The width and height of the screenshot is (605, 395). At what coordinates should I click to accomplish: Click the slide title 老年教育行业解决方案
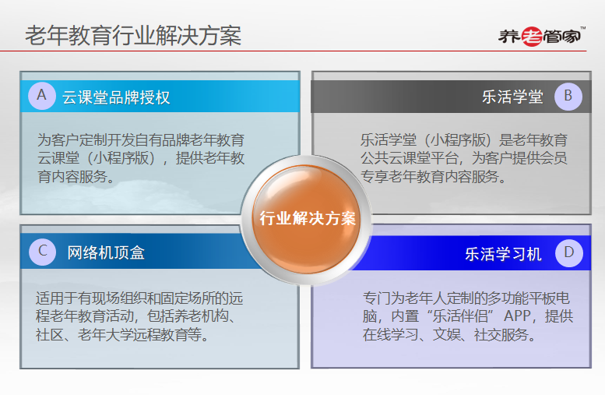133,36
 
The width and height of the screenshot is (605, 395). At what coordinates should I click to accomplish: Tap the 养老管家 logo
541,37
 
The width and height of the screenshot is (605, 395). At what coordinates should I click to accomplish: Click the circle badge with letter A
42,96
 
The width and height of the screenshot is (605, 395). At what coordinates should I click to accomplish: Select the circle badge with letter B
568,97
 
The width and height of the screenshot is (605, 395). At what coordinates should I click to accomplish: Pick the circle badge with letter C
43,252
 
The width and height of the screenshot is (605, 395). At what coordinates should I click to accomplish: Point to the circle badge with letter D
568,253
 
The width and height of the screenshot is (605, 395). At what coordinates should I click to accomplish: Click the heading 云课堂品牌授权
116,97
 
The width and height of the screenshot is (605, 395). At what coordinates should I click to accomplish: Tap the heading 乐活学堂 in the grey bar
512,97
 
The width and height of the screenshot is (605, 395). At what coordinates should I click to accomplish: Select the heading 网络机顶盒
106,253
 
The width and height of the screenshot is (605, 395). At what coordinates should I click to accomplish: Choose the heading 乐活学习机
503,254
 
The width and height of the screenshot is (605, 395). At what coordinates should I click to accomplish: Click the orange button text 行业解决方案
307,219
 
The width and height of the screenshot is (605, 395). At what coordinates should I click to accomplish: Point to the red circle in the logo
532,37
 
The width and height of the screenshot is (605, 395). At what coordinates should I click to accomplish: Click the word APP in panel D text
517,316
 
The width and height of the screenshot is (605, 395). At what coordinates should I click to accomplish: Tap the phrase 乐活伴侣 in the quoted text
460,316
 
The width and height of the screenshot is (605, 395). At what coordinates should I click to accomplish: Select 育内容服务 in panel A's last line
72,177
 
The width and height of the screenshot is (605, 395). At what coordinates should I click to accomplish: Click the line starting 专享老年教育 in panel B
433,177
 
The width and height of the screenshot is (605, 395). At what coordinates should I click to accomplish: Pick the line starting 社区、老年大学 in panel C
123,335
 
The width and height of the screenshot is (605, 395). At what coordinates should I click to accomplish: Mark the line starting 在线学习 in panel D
449,335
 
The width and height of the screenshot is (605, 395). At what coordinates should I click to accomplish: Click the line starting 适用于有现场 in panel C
139,298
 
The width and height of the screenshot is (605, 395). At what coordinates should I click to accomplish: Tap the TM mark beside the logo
583,28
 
